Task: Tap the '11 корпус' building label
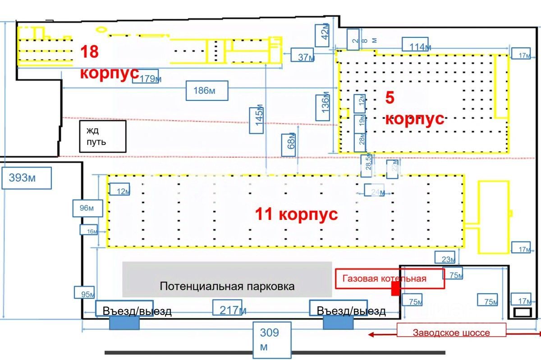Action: [296, 214]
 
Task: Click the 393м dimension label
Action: [27, 178]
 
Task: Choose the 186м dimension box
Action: [207, 91]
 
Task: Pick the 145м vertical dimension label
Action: [257, 119]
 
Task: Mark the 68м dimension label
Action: [289, 145]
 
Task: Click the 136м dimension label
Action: [324, 107]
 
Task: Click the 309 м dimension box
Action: [270, 339]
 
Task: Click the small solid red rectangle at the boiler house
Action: [395, 289]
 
